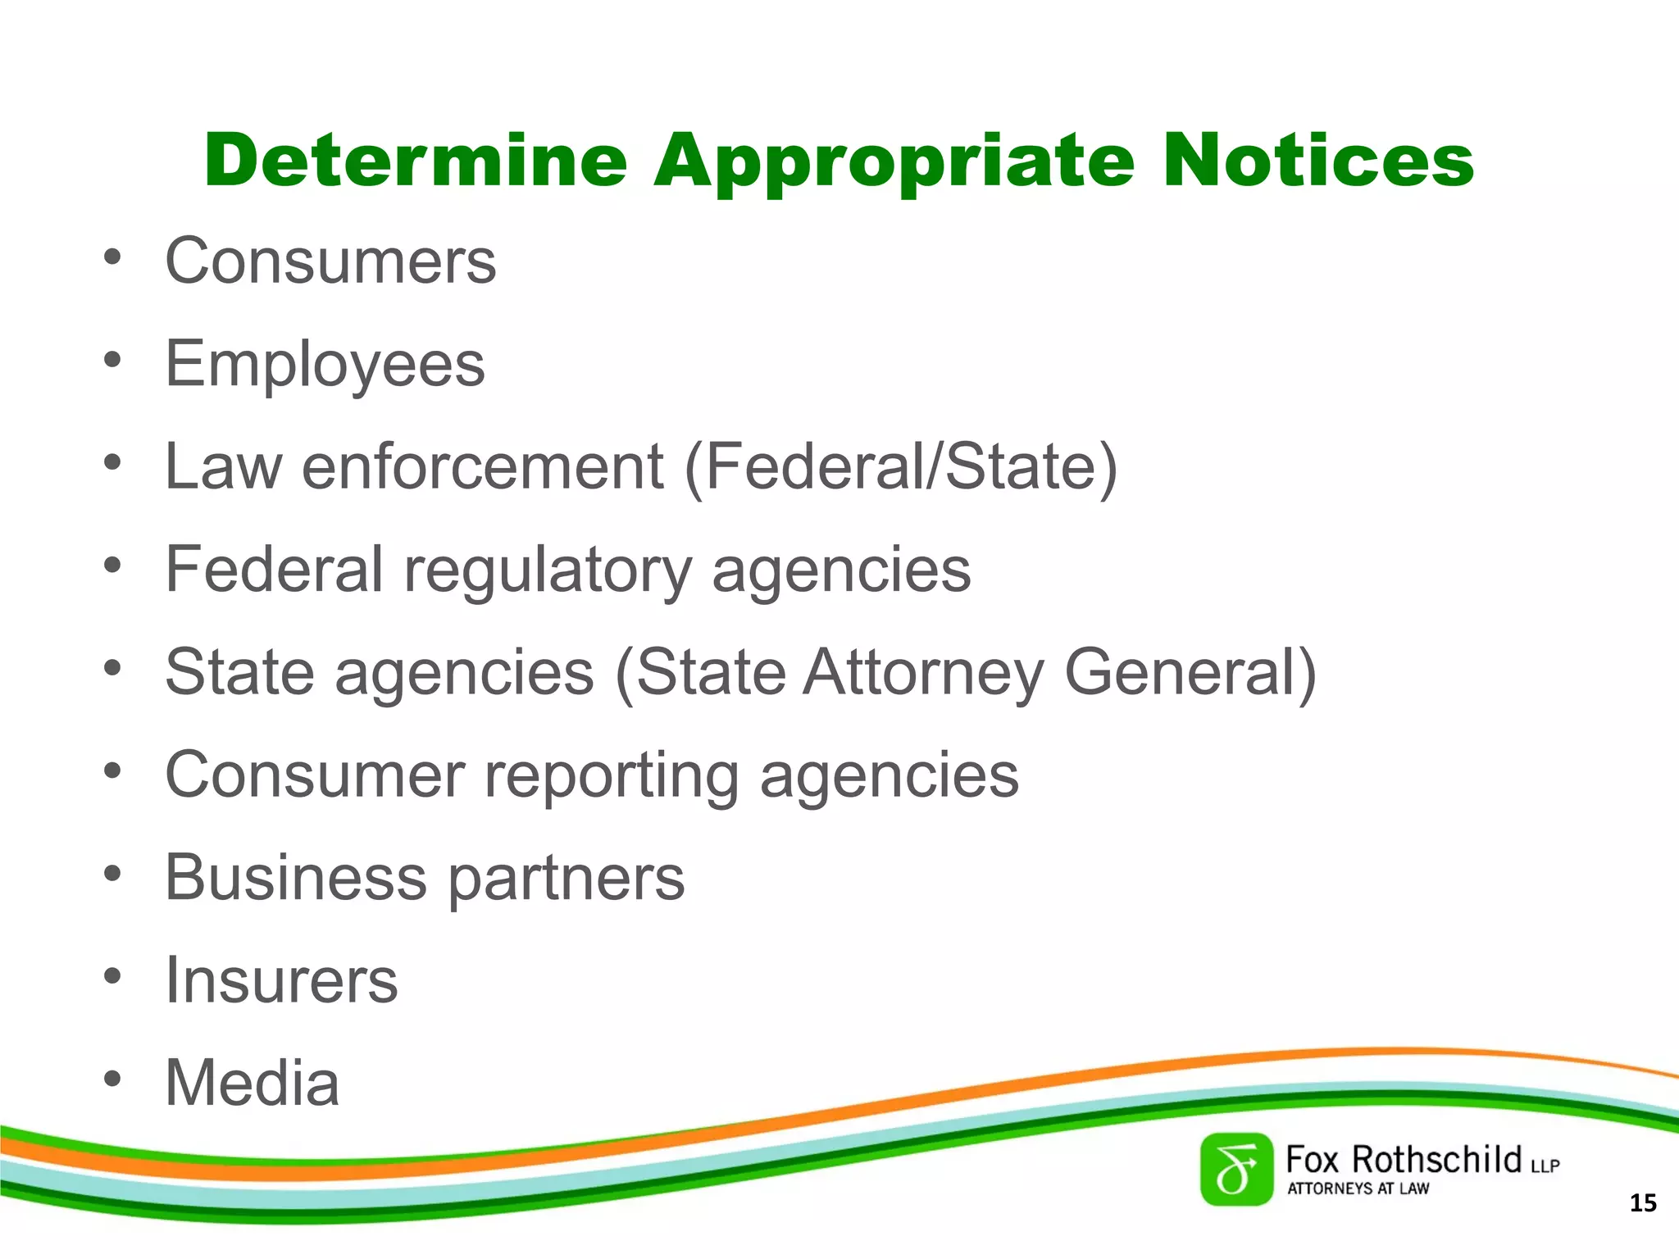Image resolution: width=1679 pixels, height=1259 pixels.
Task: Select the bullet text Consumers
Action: [330, 261]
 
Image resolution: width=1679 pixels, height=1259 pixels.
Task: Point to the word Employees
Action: [325, 365]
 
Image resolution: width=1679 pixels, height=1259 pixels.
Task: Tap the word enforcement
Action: [483, 467]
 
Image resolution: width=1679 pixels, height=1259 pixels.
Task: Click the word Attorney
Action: [923, 673]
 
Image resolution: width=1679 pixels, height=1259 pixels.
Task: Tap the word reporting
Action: [612, 776]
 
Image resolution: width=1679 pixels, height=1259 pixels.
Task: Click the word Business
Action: [296, 878]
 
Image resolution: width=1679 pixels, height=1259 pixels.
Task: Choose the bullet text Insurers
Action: [281, 980]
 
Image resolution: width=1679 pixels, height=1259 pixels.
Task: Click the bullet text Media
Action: [252, 1083]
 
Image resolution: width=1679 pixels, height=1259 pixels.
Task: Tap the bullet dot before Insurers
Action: [112, 977]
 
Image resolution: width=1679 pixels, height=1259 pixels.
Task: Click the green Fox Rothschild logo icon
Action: [1236, 1170]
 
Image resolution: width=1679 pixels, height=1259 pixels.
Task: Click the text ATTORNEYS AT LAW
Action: [1358, 1189]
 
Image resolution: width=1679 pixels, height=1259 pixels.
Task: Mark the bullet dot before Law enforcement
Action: [112, 463]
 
